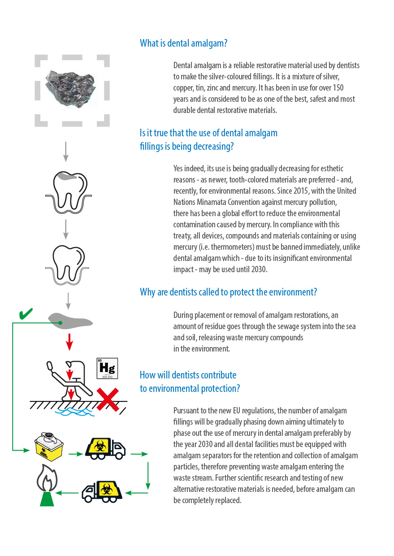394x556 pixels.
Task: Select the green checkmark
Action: [x=26, y=314]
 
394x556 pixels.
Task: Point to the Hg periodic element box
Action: [x=107, y=369]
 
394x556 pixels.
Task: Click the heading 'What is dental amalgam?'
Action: [x=183, y=43]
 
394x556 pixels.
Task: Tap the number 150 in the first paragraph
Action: [x=338, y=87]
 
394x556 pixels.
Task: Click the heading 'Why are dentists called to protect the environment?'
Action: [x=228, y=292]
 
